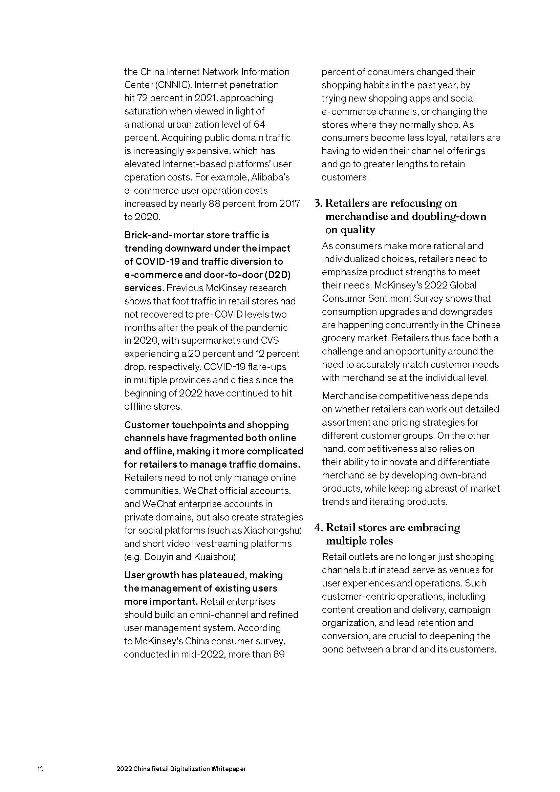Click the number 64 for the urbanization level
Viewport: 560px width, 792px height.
coord(259,125)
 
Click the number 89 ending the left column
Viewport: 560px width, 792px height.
coord(279,655)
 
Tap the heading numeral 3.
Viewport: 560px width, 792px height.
coord(318,204)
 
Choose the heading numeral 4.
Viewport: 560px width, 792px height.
coord(318,528)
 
